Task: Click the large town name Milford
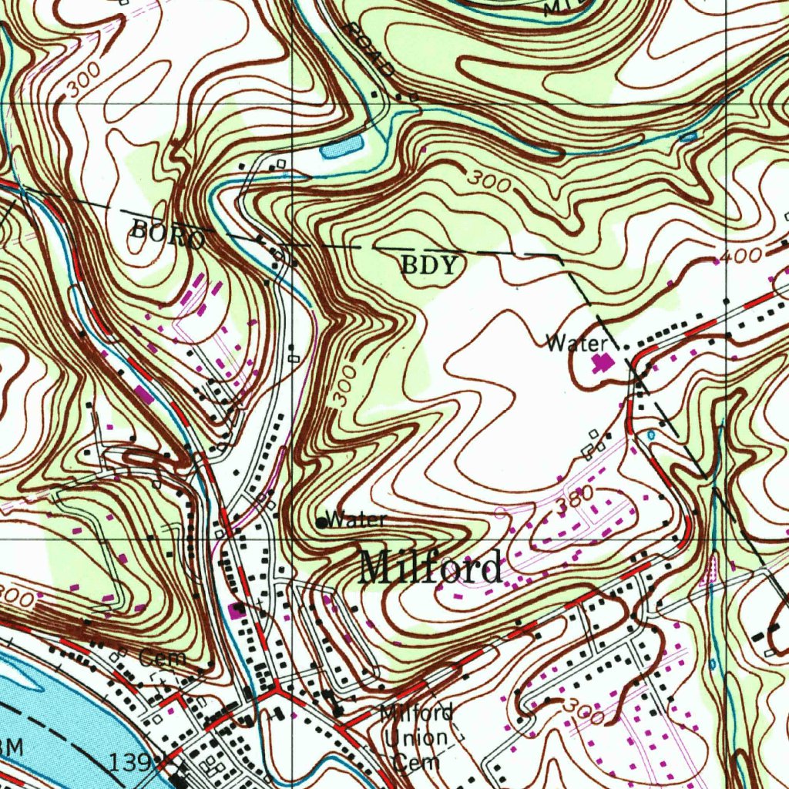(x=431, y=568)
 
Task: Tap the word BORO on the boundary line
(x=168, y=233)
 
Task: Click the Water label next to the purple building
(x=576, y=344)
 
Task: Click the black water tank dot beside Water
(x=321, y=522)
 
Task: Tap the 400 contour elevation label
(x=743, y=255)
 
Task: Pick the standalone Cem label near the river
(x=163, y=658)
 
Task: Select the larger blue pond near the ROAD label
(x=341, y=146)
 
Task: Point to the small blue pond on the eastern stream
(x=688, y=137)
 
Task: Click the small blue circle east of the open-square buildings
(x=652, y=435)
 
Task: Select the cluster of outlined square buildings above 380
(x=594, y=445)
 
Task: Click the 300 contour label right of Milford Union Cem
(x=582, y=711)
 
